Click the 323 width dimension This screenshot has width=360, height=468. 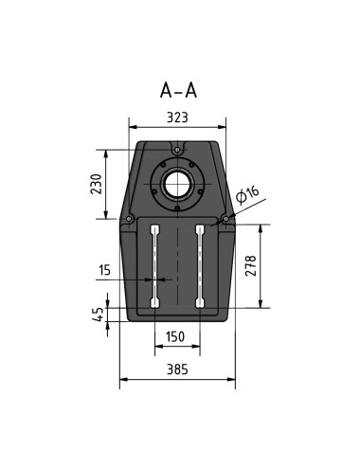click(x=177, y=117)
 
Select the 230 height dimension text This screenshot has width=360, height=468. click(x=96, y=183)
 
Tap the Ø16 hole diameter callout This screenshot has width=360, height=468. click(x=249, y=195)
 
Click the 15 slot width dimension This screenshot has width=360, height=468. click(x=104, y=270)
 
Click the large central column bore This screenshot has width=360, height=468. click(x=177, y=183)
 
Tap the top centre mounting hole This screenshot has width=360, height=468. click(x=177, y=148)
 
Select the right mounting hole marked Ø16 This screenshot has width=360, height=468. click(x=225, y=219)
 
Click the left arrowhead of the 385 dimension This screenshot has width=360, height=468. click(x=122, y=382)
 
